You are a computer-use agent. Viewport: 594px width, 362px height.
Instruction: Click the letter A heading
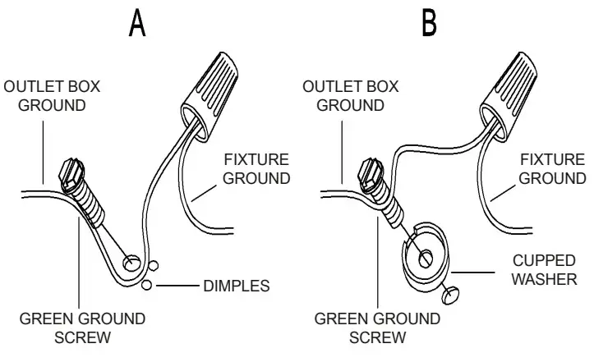point(137,24)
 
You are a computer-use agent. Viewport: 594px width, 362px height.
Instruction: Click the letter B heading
point(429,24)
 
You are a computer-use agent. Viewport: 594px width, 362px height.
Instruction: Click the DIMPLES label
point(236,286)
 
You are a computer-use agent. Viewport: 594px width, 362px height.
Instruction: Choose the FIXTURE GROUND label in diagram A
point(257,168)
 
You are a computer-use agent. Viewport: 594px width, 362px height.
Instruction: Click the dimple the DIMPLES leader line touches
point(146,286)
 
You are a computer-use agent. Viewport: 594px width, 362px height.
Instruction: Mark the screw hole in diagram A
point(130,263)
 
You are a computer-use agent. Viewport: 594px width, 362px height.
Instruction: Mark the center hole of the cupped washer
point(424,258)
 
